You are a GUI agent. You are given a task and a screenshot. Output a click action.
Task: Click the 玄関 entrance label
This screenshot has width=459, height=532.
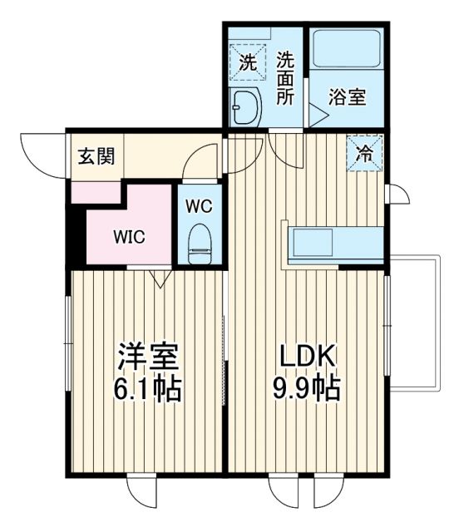coord(96,155)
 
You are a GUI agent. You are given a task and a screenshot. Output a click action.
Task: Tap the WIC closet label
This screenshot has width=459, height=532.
coord(129,236)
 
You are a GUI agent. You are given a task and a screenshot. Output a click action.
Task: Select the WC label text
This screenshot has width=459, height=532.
coord(198,204)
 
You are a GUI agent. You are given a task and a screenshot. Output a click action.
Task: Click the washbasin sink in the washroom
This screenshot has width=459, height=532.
coord(246,106)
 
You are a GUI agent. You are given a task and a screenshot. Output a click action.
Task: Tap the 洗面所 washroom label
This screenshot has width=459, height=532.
coord(286,78)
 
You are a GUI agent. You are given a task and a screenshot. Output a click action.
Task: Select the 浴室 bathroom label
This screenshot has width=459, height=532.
coord(347,97)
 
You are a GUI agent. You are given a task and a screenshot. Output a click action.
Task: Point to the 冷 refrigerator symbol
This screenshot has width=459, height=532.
coord(364,152)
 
